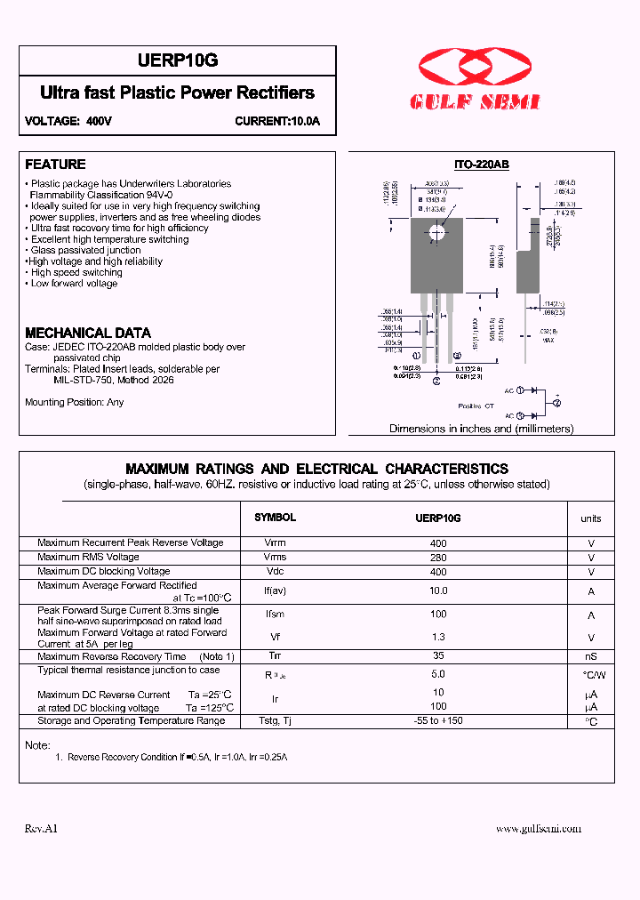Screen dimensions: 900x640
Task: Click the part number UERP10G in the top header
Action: [178, 60]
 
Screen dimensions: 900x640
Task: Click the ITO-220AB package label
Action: [481, 165]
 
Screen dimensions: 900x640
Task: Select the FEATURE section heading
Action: [55, 165]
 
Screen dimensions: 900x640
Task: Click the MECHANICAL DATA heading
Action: [88, 333]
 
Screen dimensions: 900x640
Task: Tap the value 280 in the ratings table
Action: [437, 558]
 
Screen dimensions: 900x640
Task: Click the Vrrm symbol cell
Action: [276, 542]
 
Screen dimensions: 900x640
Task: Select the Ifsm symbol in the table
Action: [276, 615]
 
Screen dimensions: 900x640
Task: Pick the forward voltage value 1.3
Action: [437, 637]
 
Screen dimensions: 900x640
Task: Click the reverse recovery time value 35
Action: [437, 656]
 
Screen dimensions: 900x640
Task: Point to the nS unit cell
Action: [591, 657]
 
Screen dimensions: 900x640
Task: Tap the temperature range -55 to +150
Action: [438, 720]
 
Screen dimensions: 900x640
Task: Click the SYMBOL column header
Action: [276, 518]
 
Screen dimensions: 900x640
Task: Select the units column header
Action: [591, 518]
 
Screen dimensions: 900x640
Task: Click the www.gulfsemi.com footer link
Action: [538, 828]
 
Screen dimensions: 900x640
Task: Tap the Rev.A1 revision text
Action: [41, 828]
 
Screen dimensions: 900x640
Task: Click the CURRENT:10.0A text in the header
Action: [277, 121]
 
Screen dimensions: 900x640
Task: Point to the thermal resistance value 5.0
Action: [437, 674]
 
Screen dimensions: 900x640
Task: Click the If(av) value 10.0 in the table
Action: [437, 591]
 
